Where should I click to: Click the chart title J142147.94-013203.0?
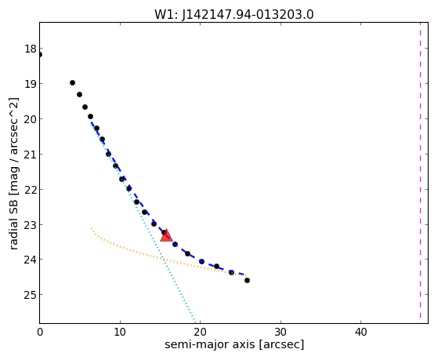coord(248,15)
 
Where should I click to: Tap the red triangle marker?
coord(166,235)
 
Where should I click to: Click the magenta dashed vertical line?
coord(420,170)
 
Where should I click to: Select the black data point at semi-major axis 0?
coord(40,55)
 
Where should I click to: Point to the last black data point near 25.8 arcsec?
coord(247,280)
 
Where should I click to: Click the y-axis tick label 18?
coord(31,49)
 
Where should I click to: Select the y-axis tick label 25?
coord(31,295)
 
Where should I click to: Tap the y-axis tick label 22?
coord(31,189)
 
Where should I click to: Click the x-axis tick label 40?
coord(360,332)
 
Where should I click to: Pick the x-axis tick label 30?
coord(281,332)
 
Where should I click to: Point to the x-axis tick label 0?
coord(40,332)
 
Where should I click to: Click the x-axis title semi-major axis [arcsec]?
coord(234,344)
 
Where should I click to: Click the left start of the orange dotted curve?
coord(91,228)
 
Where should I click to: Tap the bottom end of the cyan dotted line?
coord(195,322)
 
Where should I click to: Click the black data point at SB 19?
coord(72,83)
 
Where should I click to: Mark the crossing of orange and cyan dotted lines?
coord(163,259)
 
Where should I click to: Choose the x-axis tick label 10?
coord(120,332)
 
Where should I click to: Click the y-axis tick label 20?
coord(31,119)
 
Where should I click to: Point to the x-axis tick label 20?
coord(201,332)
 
